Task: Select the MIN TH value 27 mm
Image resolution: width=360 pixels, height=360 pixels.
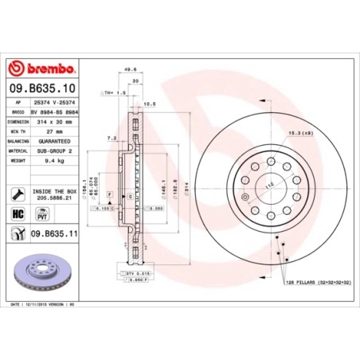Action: tap(54, 131)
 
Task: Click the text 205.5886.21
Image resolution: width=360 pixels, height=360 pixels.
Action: tap(54, 198)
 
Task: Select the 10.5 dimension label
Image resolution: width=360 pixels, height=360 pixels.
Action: tap(148, 103)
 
